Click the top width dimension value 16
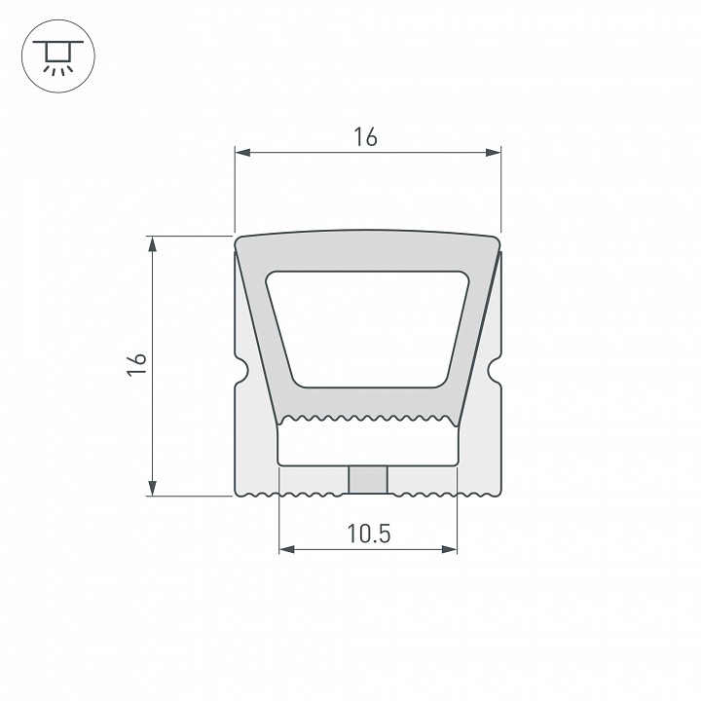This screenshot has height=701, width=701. (366, 137)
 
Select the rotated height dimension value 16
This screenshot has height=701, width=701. (137, 364)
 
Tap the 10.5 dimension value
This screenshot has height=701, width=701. (368, 535)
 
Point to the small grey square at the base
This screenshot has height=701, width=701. (368, 479)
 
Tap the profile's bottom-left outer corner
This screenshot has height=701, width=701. (237, 493)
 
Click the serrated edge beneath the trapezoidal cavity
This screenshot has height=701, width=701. (368, 420)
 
